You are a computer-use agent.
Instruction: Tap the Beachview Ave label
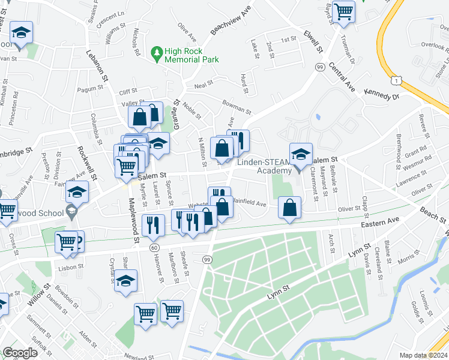[x=229, y=22]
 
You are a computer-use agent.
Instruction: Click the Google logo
[x=20, y=353]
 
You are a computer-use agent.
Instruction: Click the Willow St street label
[x=41, y=302]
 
